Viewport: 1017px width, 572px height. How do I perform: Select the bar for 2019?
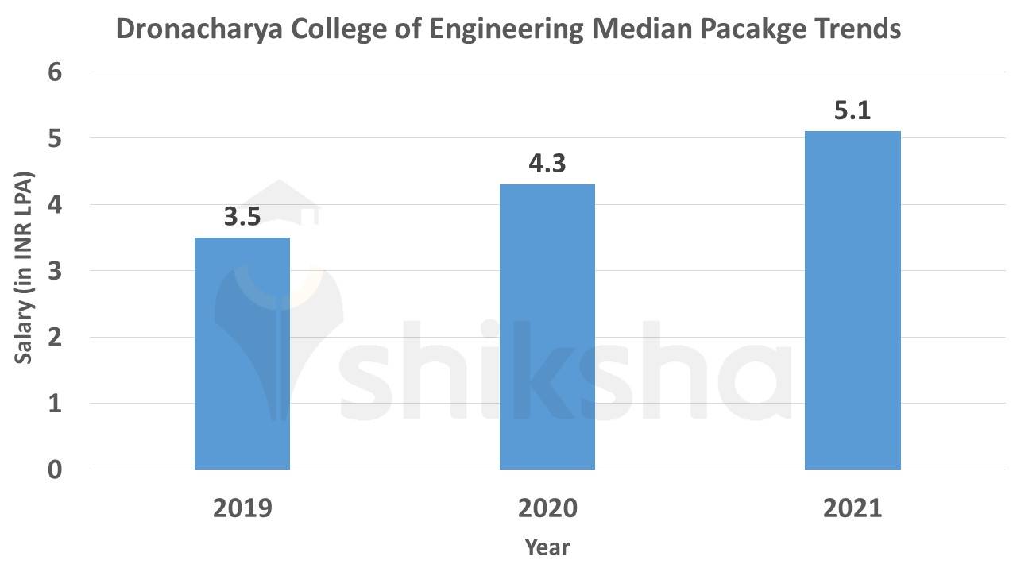[x=242, y=354]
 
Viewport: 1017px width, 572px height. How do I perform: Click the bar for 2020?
[x=547, y=327]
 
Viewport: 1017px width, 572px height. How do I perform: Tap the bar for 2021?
[x=853, y=300]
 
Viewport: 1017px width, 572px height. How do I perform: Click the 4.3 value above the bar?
[x=547, y=164]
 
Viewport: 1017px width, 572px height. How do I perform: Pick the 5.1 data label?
[x=853, y=111]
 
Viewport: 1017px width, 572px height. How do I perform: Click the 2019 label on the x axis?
[x=242, y=508]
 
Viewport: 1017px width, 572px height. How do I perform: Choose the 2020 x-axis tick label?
[x=547, y=508]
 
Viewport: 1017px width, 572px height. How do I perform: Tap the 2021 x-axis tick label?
[x=853, y=508]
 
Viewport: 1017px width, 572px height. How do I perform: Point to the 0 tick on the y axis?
[x=55, y=470]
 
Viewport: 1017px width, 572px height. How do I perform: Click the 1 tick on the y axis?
[x=55, y=404]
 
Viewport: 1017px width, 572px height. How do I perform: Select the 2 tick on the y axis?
[x=55, y=338]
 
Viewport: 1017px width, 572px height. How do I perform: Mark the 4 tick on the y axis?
[x=55, y=205]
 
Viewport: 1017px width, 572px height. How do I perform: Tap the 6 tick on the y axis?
[x=55, y=72]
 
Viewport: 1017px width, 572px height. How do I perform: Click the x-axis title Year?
[x=547, y=547]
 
